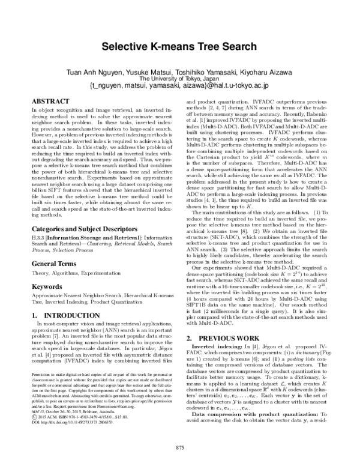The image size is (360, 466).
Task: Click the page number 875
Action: pyautogui.click(x=179, y=447)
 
